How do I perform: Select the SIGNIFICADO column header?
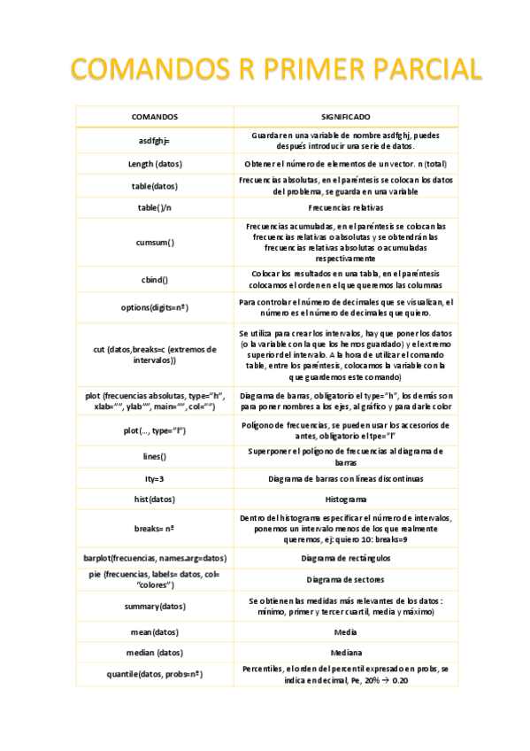point(345,117)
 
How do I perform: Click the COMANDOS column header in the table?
point(154,117)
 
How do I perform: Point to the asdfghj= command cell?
point(154,141)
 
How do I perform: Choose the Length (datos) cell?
point(154,164)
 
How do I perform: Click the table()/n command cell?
point(154,207)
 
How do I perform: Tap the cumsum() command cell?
point(154,241)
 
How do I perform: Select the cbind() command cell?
point(154,279)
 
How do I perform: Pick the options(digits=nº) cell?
point(154,307)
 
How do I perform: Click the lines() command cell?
point(154,457)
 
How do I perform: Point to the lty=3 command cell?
point(154,478)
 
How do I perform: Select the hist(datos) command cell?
point(154,499)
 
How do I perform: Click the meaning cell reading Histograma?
point(345,499)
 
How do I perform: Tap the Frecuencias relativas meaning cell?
point(345,207)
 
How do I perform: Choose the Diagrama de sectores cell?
point(345,579)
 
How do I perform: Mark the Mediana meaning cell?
point(345,653)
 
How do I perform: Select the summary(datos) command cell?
point(154,607)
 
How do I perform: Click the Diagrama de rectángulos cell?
point(345,558)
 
